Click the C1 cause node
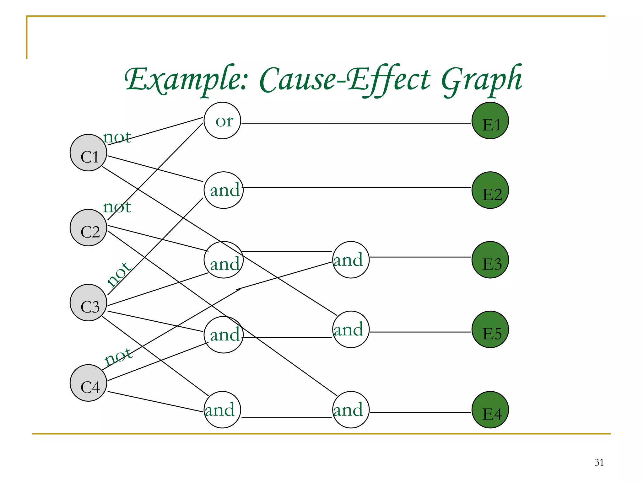pos(88,153)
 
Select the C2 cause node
pos(88,228)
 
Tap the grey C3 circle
pos(88,303)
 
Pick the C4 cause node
pos(88,383)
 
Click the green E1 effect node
pos(490,121)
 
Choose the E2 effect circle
pos(490,190)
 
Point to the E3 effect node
pos(490,260)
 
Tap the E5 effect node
pos(490,329)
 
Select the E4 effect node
pos(490,410)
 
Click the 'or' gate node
pos(222,121)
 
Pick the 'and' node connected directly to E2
pos(224,190)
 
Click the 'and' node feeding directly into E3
pos(351,260)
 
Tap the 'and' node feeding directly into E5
pos(351,329)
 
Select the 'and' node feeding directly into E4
pos(351,410)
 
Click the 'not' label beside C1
pos(117,137)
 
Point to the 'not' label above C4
pos(118,356)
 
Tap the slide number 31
pos(599,462)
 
